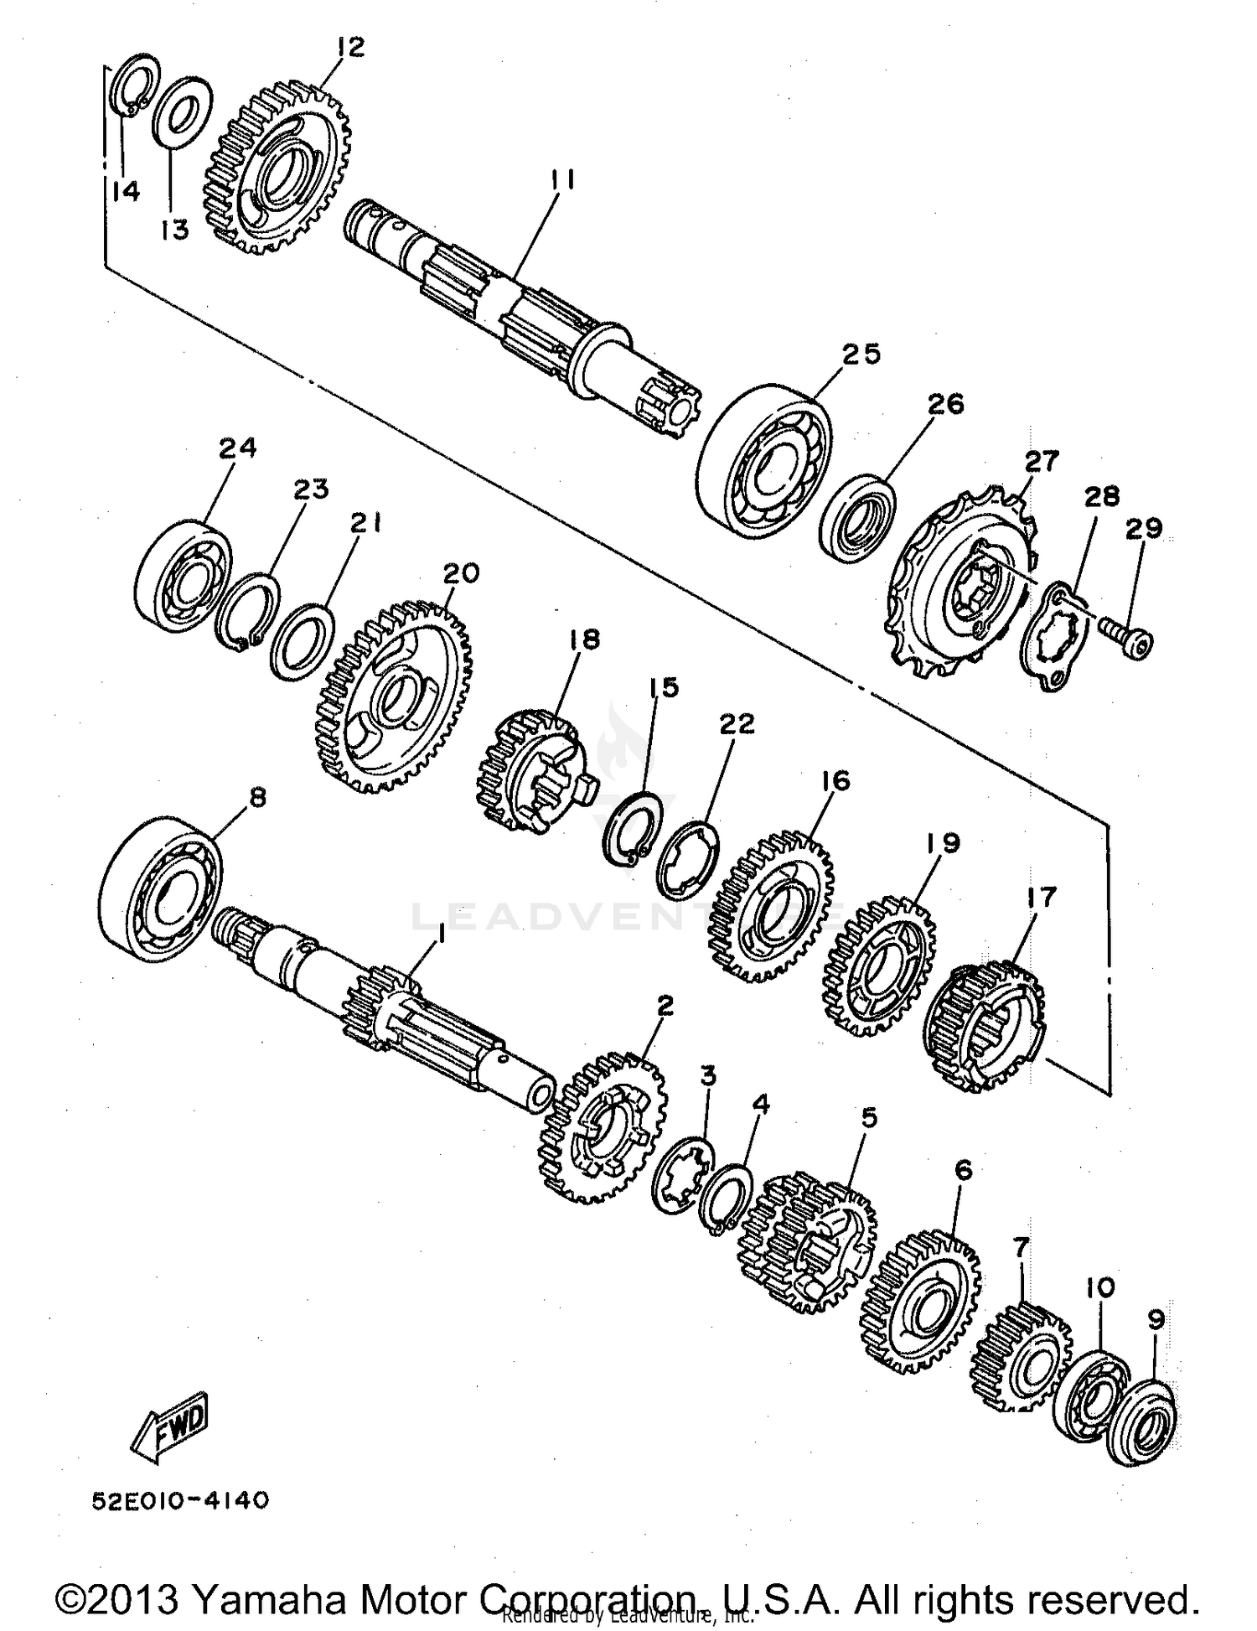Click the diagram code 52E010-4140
coord(181,1500)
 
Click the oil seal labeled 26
coord(856,518)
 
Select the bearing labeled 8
coord(160,888)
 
